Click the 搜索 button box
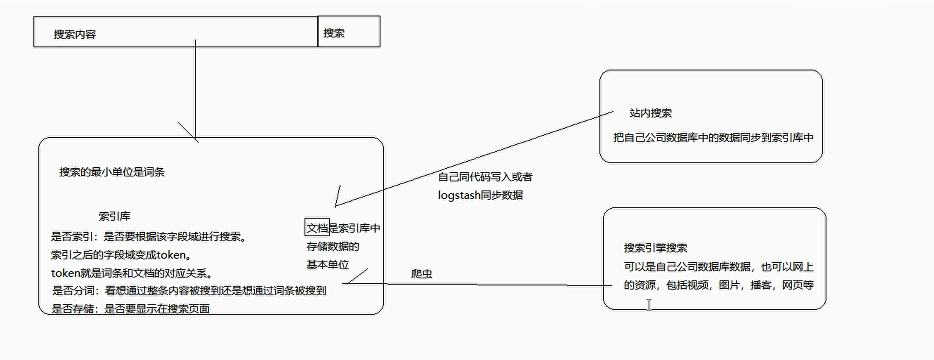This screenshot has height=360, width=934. tap(349, 32)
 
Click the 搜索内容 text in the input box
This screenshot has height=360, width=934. tap(75, 34)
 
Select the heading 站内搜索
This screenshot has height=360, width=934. tap(650, 113)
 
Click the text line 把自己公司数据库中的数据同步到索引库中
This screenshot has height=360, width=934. tap(713, 138)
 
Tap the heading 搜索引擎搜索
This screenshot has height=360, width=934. tap(655, 248)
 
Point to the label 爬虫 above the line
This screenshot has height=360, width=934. tap(422, 274)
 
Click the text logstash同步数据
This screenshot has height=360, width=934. tap(480, 195)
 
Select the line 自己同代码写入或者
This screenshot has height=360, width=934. tap(485, 177)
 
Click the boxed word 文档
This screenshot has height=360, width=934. tap(317, 228)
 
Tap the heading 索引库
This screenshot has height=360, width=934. tap(114, 216)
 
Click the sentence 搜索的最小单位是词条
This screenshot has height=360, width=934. tap(112, 172)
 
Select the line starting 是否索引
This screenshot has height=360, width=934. tap(149, 237)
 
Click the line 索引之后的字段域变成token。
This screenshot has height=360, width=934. tap(121, 255)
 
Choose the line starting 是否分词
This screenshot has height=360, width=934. tap(189, 291)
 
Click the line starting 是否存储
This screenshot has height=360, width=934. tap(130, 309)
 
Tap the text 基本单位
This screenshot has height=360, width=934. tap(328, 265)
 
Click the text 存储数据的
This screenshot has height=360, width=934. tap(333, 247)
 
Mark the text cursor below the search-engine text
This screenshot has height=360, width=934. tap(649, 305)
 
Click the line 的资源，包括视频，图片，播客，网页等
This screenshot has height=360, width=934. tap(718, 285)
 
